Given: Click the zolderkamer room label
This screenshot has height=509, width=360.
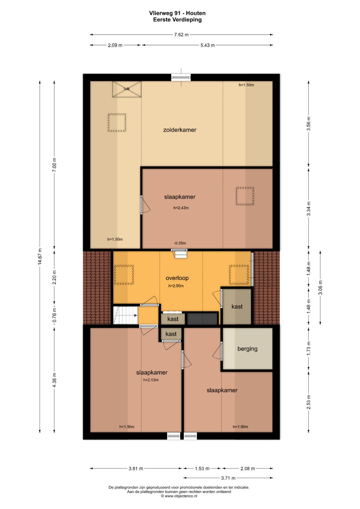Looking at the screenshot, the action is coord(180,130).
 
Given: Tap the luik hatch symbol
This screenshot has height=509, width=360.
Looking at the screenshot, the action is coord(127,89).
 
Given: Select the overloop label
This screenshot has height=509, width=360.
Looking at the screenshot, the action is coord(177,278).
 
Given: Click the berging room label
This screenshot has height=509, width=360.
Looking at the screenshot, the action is coord(247,349).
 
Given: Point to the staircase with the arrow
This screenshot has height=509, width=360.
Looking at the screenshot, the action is coord(125,315).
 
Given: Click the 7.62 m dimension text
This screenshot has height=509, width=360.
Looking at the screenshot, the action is coord(181,35).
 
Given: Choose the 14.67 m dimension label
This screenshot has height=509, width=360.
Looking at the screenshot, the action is coord(40,257).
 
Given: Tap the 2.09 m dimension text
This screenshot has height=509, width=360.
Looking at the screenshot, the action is coord(115,45).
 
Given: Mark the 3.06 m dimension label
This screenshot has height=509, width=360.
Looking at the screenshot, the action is coord(320,287).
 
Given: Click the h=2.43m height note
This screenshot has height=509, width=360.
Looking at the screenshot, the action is coord(181,208).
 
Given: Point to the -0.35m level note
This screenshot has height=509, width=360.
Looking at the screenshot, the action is coord(180,243).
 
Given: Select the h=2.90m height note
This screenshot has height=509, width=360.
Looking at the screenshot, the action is coord(176,286).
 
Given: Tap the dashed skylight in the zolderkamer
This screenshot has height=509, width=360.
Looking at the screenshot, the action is coord(117,123).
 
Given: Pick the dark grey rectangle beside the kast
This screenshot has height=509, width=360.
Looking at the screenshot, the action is coord(202,319).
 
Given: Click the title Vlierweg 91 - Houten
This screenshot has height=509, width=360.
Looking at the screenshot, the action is coord(177,13).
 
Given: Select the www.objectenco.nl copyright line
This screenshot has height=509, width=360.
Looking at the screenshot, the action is coord(179,496).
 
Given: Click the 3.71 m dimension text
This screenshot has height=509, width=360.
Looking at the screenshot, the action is coord(228,478).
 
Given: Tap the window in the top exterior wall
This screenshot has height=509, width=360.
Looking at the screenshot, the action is coord(181,77).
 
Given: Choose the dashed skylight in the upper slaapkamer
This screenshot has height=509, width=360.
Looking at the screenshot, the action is coord(245,196).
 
